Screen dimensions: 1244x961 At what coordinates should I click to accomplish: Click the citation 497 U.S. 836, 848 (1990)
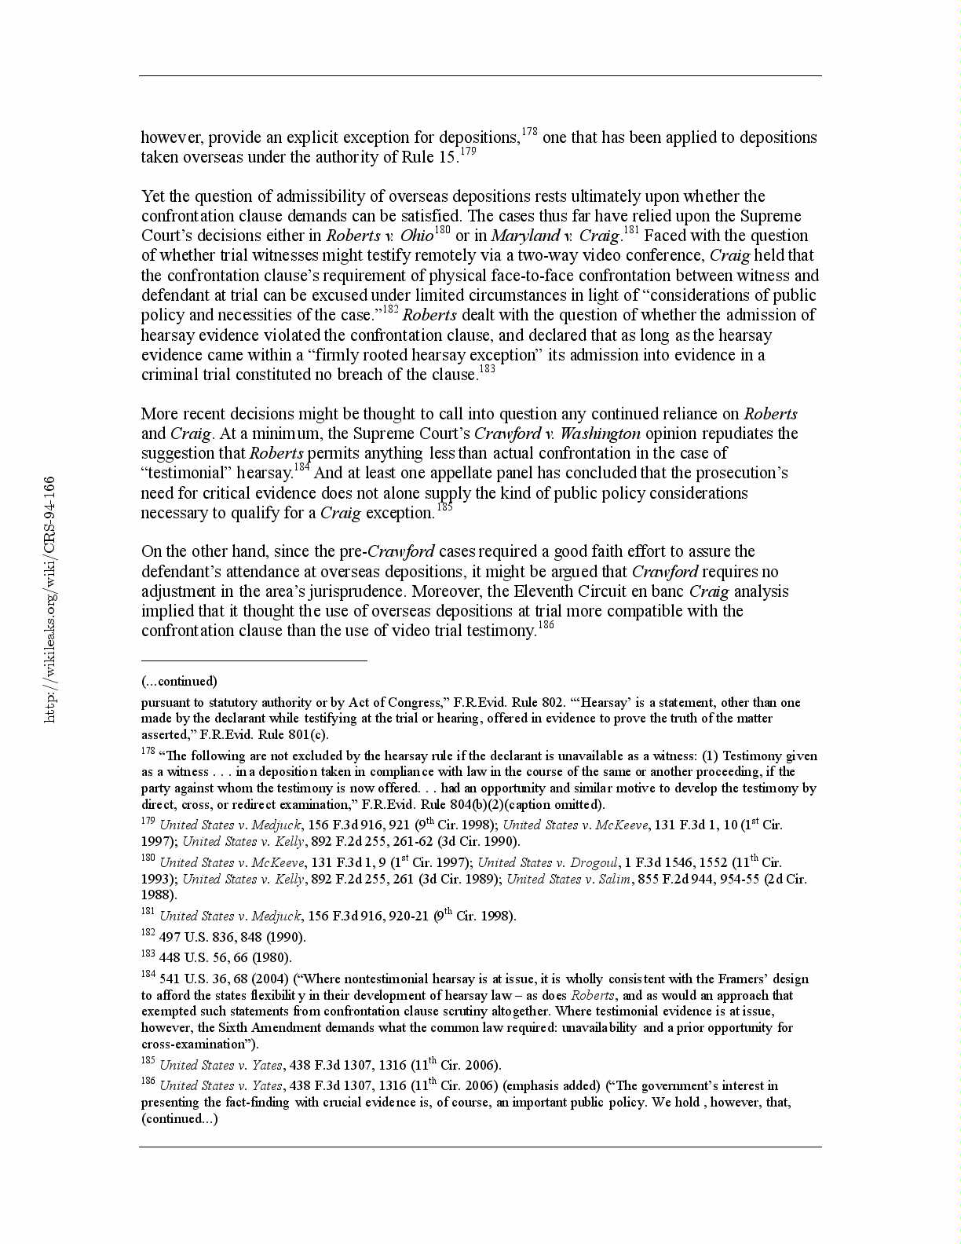[x=232, y=937]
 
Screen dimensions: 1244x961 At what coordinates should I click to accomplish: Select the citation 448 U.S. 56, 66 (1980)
[x=225, y=957]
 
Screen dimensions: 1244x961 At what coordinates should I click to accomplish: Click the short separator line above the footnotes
[x=254, y=661]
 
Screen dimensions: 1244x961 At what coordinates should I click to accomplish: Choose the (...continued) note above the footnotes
[x=179, y=681]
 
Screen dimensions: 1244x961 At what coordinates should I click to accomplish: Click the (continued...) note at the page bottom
[x=179, y=1118]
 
